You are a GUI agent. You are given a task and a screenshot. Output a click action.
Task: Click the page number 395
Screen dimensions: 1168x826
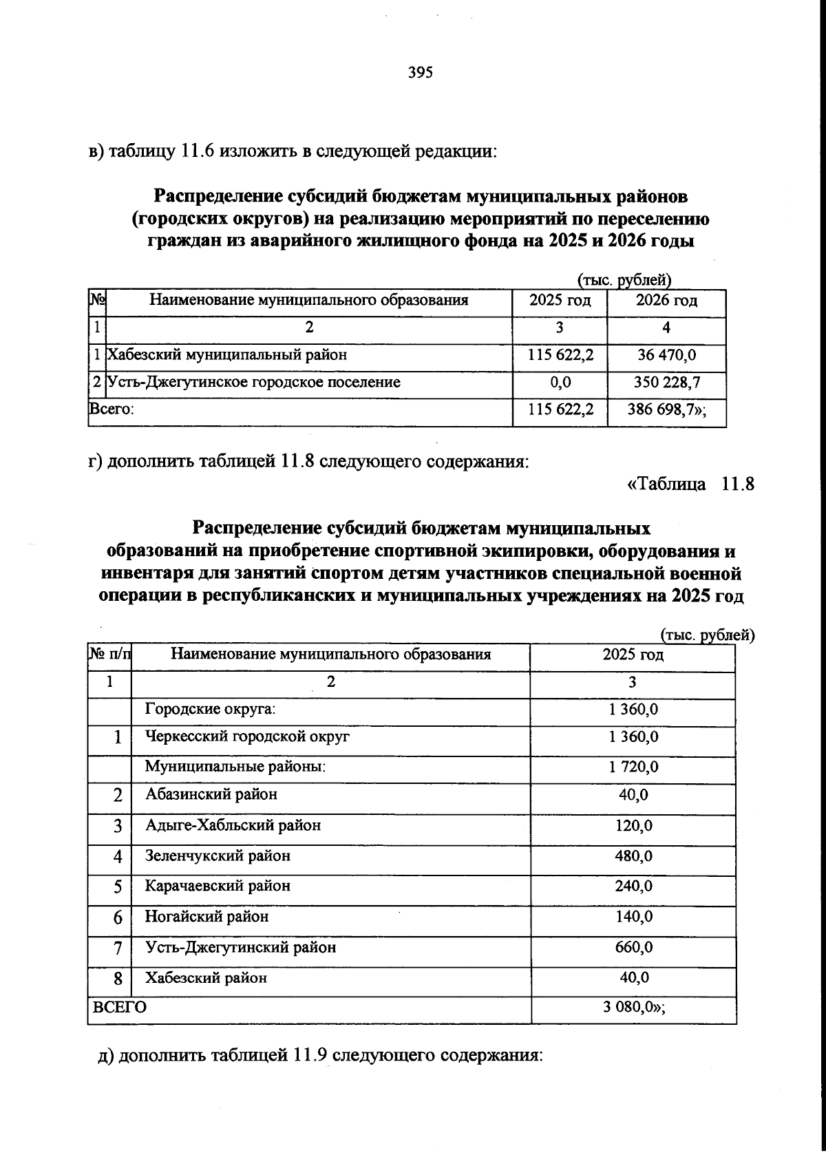point(420,72)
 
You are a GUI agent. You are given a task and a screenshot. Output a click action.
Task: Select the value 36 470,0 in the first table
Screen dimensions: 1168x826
point(666,355)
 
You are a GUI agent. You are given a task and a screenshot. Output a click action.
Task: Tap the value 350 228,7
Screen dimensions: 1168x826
point(666,382)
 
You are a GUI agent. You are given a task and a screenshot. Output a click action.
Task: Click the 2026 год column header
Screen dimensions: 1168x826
point(666,300)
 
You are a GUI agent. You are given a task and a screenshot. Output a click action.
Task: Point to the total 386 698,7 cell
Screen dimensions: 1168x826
point(666,410)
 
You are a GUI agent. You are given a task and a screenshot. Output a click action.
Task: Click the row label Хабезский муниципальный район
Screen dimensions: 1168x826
point(227,355)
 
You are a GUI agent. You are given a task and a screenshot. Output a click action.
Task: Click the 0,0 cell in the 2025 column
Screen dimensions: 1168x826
point(560,382)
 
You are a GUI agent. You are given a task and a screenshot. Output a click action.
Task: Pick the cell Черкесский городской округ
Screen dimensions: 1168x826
point(248,736)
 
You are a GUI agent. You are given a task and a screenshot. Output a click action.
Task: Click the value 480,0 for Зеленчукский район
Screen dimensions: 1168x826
point(633,856)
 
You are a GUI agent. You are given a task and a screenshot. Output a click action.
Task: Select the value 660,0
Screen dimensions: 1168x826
point(633,947)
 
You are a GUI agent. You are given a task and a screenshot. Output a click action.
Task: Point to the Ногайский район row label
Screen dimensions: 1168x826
point(206,917)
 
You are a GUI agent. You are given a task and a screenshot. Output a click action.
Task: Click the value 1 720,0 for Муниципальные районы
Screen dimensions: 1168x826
point(633,766)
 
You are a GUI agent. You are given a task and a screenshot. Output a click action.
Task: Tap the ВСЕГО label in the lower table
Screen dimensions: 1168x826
point(120,1007)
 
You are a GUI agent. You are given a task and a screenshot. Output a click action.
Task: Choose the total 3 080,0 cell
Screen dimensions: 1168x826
point(633,1007)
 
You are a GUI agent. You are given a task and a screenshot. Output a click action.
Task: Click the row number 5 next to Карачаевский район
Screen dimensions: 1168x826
point(118,887)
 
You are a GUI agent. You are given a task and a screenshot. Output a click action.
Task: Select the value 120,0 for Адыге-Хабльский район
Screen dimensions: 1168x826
point(633,825)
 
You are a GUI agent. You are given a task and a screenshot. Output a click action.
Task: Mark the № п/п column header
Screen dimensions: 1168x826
point(109,654)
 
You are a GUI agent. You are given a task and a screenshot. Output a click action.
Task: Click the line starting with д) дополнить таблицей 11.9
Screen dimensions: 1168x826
point(321,1055)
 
